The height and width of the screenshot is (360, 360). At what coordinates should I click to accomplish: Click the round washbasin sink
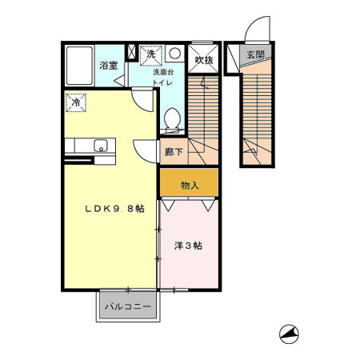(174, 54)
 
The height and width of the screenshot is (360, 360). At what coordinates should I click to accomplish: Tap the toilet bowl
(171, 120)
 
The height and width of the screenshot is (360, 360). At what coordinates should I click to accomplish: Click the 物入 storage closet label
(190, 186)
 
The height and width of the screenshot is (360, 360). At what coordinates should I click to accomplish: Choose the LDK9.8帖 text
(115, 209)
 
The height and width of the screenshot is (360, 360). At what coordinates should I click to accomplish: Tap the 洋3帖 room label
(188, 246)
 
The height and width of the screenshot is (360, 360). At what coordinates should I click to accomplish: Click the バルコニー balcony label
(129, 306)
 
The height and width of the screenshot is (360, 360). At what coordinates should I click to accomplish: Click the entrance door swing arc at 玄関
(258, 32)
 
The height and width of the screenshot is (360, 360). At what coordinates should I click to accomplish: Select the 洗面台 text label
(163, 72)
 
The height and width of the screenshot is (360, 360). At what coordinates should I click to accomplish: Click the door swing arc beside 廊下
(146, 150)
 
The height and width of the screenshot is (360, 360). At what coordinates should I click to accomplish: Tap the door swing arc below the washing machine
(142, 98)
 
